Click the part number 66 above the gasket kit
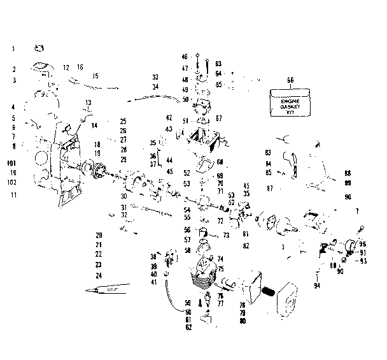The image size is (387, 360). pyautogui.click(x=290, y=80)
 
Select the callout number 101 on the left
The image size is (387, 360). pyautogui.click(x=12, y=162)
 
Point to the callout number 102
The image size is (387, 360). pyautogui.click(x=12, y=182)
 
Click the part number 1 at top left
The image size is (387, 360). pyautogui.click(x=12, y=48)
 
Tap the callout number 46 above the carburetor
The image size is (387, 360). pyautogui.click(x=185, y=57)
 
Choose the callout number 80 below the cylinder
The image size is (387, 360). pyautogui.click(x=243, y=320)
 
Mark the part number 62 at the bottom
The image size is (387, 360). pyautogui.click(x=188, y=327)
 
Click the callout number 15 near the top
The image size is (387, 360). pyautogui.click(x=95, y=76)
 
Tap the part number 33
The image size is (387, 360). pyautogui.click(x=155, y=77)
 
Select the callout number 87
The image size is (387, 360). pyautogui.click(x=270, y=188)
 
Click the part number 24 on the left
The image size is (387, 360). pyautogui.click(x=98, y=275)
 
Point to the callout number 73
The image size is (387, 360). pyautogui.click(x=226, y=235)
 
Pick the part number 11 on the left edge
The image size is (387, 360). pyautogui.click(x=12, y=194)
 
